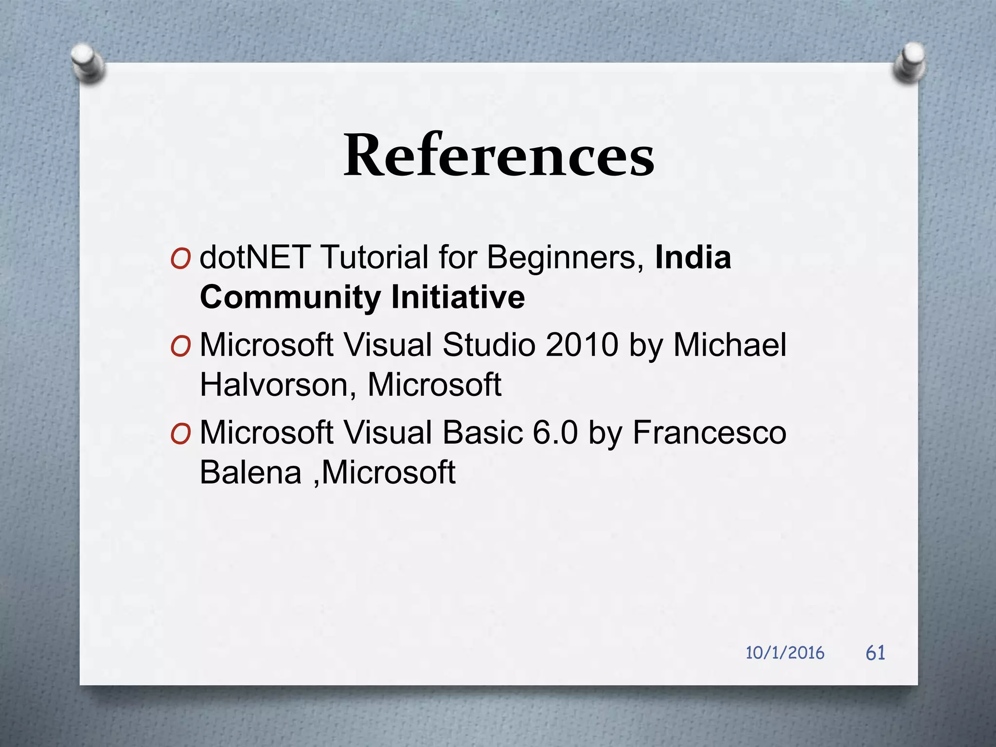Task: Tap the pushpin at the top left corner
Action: pyautogui.click(x=88, y=63)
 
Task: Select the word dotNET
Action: pyautogui.click(x=255, y=257)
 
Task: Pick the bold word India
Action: pyautogui.click(x=693, y=257)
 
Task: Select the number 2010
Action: pyautogui.click(x=582, y=345)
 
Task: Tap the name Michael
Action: pyautogui.click(x=729, y=345)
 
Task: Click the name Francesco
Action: pyautogui.click(x=709, y=432)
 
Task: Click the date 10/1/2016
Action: pyautogui.click(x=785, y=653)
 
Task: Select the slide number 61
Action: pyautogui.click(x=875, y=653)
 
